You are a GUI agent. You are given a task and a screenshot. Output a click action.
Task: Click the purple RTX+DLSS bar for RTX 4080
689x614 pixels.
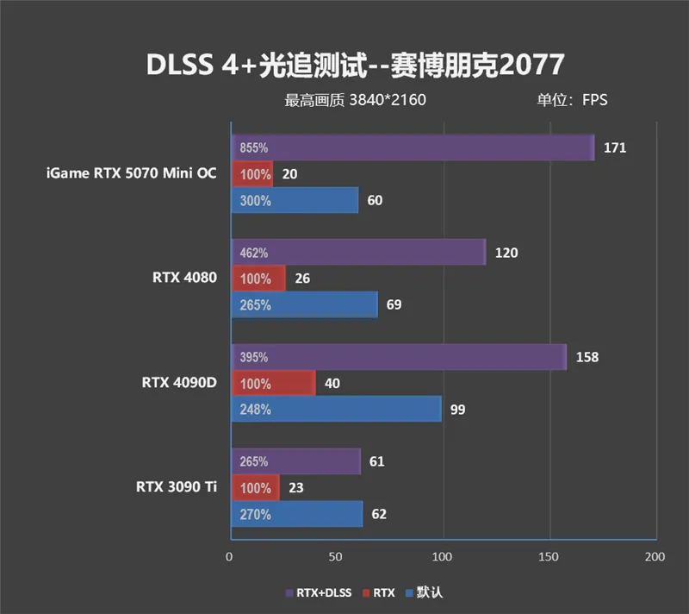click(x=357, y=253)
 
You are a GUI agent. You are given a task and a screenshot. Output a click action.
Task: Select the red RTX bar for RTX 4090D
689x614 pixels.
click(x=272, y=384)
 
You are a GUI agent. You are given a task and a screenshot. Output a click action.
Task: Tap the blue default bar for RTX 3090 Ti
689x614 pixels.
click(x=295, y=515)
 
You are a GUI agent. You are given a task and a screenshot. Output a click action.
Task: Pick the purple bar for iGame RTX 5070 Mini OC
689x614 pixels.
click(x=412, y=147)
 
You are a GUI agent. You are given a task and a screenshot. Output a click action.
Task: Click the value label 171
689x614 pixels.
click(x=615, y=147)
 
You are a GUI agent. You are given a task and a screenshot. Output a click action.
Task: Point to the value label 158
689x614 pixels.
click(x=587, y=357)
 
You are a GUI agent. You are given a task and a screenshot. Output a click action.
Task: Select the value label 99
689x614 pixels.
click(x=457, y=410)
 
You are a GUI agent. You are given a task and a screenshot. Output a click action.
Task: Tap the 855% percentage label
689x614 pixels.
click(x=253, y=147)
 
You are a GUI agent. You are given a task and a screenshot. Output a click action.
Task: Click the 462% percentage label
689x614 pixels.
click(x=253, y=253)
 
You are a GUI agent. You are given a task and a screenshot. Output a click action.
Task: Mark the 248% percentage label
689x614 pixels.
click(x=253, y=410)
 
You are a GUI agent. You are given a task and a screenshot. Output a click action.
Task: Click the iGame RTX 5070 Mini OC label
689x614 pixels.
click(x=131, y=173)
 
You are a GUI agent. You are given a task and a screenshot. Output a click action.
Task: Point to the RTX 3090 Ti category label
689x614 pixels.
click(x=176, y=487)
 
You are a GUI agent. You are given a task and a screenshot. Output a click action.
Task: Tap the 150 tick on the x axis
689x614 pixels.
click(x=549, y=557)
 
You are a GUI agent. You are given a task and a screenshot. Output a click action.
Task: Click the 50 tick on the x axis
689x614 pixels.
click(x=336, y=557)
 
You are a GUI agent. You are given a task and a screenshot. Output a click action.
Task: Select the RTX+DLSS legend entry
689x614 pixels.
click(x=317, y=592)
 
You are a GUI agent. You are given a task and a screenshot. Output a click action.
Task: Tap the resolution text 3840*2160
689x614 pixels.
click(x=387, y=100)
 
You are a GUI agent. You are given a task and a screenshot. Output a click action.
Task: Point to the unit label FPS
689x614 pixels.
click(x=594, y=100)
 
